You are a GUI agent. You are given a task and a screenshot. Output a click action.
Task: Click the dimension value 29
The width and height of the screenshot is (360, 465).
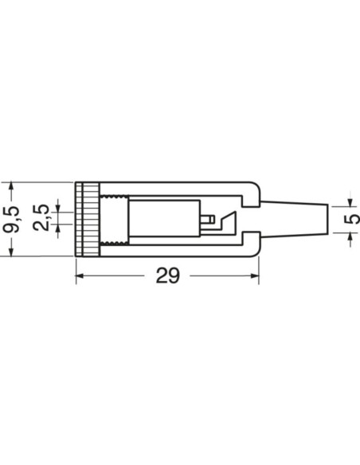167,275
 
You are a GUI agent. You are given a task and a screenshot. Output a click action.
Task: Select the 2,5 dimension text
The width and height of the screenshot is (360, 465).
45,218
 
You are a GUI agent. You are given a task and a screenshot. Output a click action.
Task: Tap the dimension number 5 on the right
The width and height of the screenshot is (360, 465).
347,219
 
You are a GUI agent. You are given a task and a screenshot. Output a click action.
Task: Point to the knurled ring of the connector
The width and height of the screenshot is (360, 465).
88,219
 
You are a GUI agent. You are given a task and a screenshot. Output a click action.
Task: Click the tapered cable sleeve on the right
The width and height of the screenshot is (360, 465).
295,218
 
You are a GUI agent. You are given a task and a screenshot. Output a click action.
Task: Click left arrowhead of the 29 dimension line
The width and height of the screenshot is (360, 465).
80,276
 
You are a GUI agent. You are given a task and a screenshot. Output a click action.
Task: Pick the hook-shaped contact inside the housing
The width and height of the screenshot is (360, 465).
229,221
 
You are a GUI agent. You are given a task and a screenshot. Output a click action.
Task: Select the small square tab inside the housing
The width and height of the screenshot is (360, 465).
207,218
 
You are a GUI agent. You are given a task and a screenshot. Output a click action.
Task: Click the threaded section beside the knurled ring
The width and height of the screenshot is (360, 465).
113,219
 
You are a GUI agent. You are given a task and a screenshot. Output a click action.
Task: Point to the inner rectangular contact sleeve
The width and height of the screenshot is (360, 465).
163,219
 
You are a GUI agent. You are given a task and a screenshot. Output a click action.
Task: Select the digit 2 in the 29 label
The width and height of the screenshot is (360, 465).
161,275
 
